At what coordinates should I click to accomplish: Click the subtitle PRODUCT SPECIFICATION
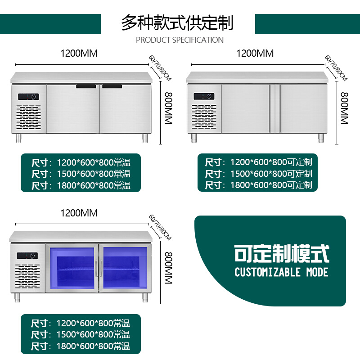[x=180, y=40]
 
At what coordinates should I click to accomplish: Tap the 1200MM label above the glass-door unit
[x=79, y=213]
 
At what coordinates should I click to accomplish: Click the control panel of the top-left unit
[x=29, y=97]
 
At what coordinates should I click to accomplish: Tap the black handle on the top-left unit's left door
[x=87, y=86]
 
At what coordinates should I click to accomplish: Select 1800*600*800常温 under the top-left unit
[x=93, y=185]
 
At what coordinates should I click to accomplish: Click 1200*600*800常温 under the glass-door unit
[x=93, y=323]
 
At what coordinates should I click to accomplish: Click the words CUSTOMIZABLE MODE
[x=281, y=272]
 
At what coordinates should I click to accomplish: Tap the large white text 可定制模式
[x=282, y=254]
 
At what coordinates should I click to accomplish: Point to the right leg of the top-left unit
[x=146, y=138]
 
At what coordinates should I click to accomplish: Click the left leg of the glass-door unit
[x=18, y=298]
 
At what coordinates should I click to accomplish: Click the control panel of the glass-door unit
[x=28, y=256]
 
